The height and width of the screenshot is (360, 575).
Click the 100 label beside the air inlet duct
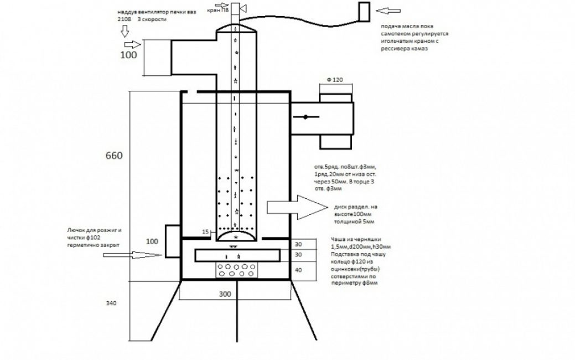tap(128, 55)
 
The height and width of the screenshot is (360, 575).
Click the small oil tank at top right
tap(364, 11)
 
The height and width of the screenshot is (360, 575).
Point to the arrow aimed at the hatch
tap(147, 255)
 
